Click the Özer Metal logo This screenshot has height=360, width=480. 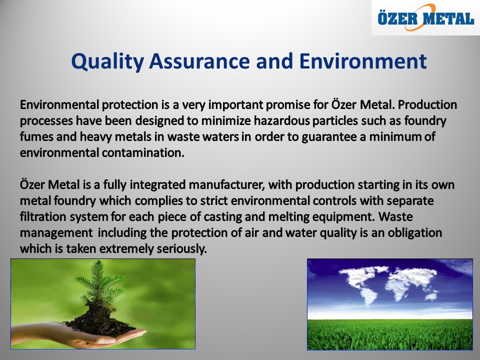(426, 18)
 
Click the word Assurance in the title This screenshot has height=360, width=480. (199, 61)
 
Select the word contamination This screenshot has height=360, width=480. (143, 152)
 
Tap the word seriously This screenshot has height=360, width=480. (182, 249)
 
